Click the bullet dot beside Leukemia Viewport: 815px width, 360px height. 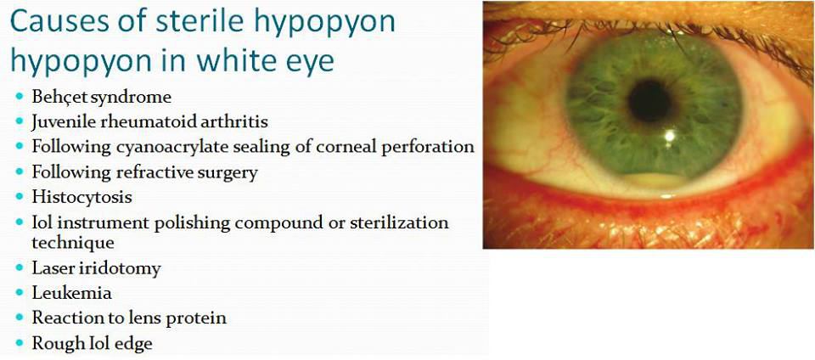click(x=20, y=294)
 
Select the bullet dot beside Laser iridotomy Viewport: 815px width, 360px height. click(x=20, y=269)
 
